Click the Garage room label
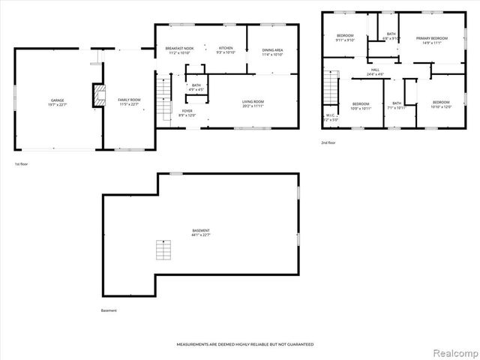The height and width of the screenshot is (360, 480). [x=57, y=101]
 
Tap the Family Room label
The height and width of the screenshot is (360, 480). [x=129, y=101]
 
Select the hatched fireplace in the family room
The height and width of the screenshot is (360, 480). [x=94, y=97]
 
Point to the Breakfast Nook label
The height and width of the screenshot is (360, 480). [x=179, y=50]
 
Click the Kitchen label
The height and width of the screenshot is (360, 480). [x=226, y=50]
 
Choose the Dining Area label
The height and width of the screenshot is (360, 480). [x=273, y=52]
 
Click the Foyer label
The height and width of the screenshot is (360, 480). [x=187, y=112]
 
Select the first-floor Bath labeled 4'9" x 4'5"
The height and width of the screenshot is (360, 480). [x=196, y=88]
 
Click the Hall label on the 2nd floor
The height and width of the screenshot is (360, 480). [x=375, y=72]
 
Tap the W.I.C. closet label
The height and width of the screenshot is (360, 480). [x=330, y=117]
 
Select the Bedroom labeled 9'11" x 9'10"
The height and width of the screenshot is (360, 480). [x=345, y=38]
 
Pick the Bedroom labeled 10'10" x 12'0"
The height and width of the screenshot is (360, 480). [x=441, y=103]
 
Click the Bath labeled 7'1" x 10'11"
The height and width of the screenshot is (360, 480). [x=397, y=105]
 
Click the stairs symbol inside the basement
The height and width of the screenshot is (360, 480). [x=163, y=250]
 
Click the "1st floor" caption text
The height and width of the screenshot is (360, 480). [x=22, y=163]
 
